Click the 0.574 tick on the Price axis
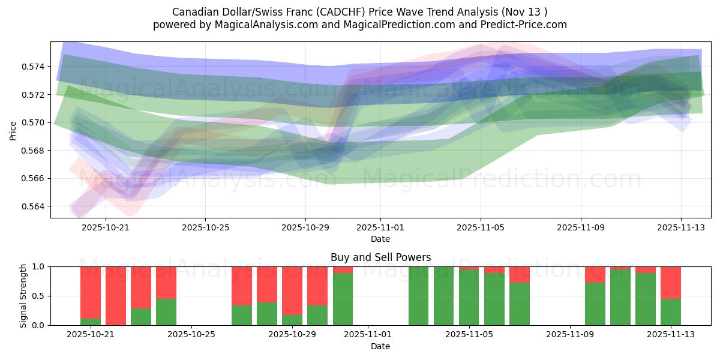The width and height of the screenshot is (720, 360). tap(35, 66)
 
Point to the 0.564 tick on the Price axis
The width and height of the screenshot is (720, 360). tap(35, 206)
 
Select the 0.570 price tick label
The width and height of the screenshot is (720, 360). tap(35, 122)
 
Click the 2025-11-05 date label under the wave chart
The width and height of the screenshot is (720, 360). tap(480, 228)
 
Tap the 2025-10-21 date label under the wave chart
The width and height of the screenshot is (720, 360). tap(106, 228)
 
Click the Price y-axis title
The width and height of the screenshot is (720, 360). tap(13, 130)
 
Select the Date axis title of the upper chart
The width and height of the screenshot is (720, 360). tap(380, 239)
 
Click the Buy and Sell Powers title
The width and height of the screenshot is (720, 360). tap(380, 257)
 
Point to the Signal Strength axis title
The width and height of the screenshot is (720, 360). tap(23, 296)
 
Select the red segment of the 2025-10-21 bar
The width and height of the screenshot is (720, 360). tap(91, 292)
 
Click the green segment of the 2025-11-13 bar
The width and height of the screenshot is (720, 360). tap(671, 312)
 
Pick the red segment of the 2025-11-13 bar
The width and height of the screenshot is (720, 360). tap(671, 282)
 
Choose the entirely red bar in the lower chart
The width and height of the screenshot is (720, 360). tap(116, 296)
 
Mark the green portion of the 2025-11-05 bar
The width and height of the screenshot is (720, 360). tap(469, 298)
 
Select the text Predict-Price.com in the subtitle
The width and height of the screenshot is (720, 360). tap(528, 25)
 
